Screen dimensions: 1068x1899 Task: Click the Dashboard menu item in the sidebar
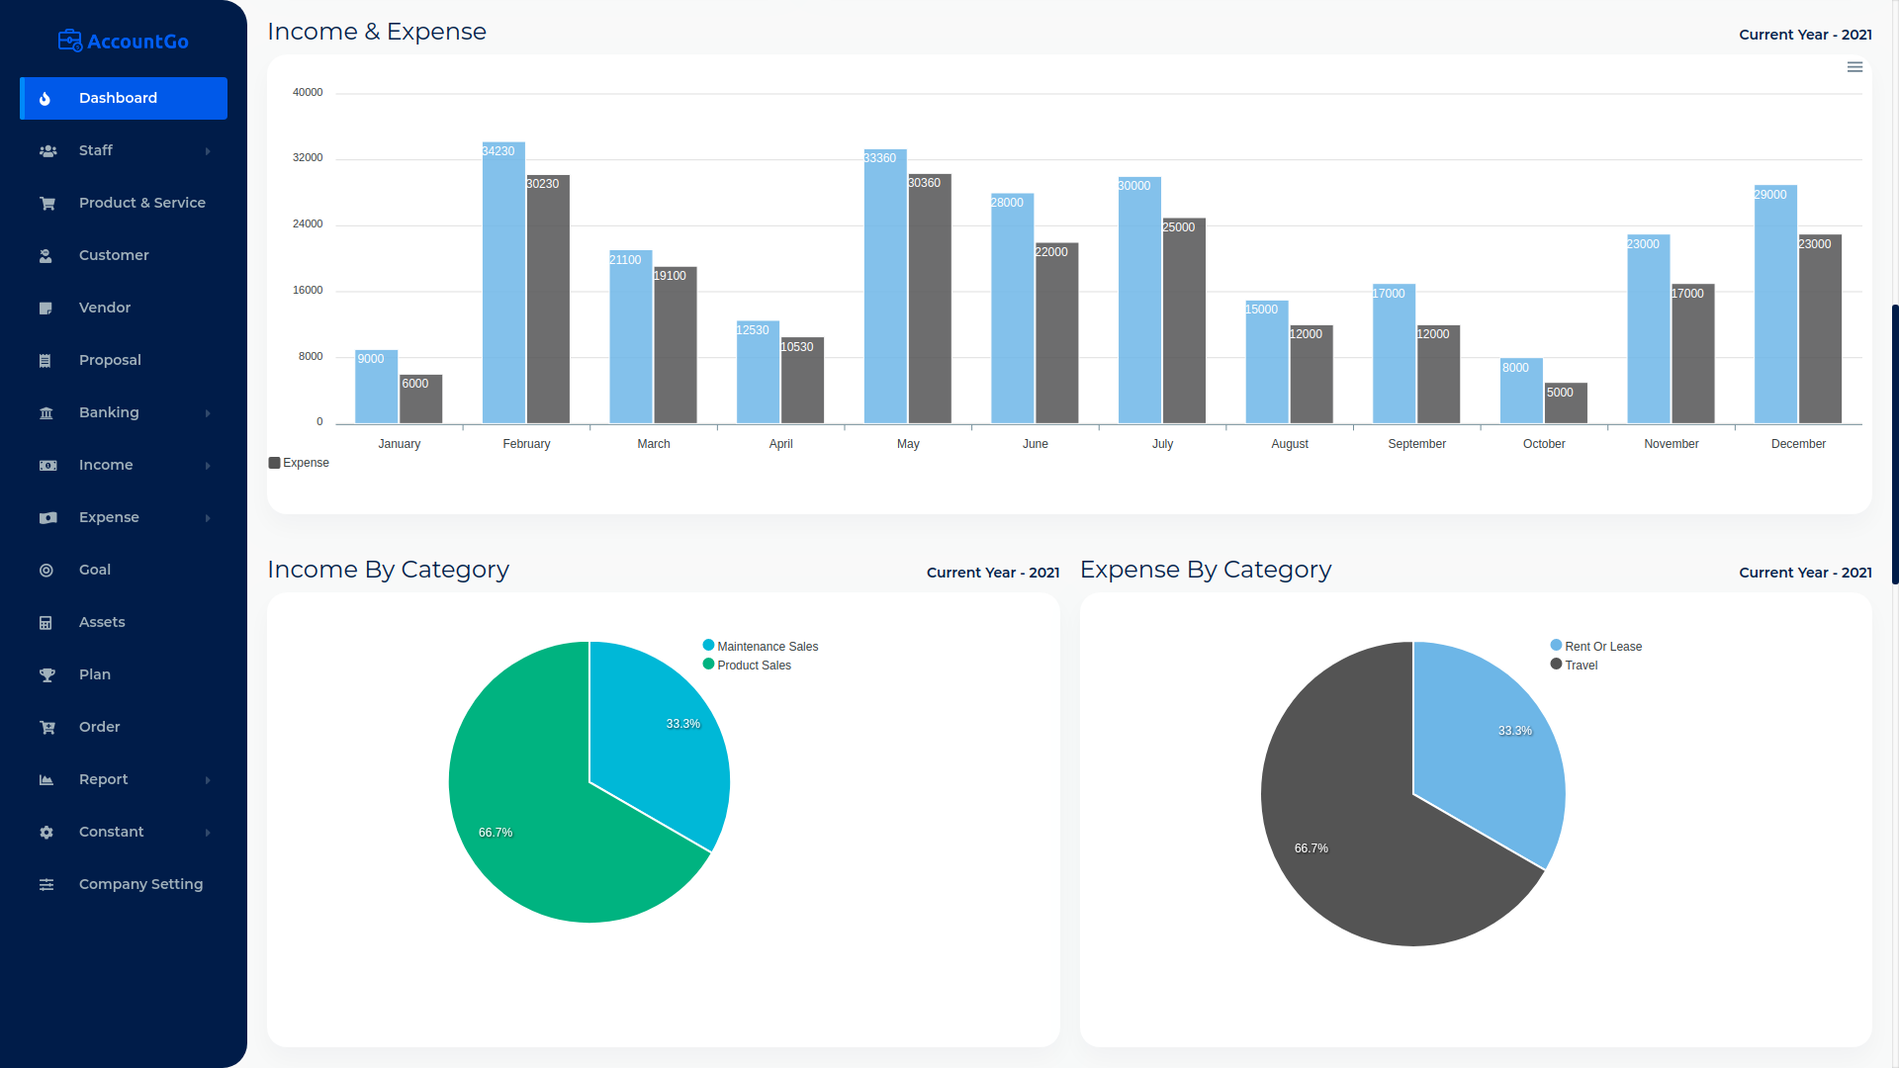pyautogui.click(x=118, y=98)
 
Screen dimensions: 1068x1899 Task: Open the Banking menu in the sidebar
pyautogui.click(x=109, y=412)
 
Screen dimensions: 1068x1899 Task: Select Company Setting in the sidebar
pyautogui.click(x=140, y=884)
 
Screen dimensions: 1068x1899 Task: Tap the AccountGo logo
pyautogui.click(x=124, y=41)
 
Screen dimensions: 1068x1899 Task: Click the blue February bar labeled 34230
pyautogui.click(x=503, y=287)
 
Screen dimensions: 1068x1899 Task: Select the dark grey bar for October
pyautogui.click(x=1566, y=405)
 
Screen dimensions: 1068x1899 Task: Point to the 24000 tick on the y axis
pyautogui.click(x=308, y=224)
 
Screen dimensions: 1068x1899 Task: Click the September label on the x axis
pyautogui.click(x=1416, y=444)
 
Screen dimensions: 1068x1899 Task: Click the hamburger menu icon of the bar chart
pyautogui.click(x=1854, y=67)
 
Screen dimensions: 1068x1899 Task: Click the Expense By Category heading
pyautogui.click(x=1205, y=570)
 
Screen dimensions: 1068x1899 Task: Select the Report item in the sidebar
pyautogui.click(x=104, y=779)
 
